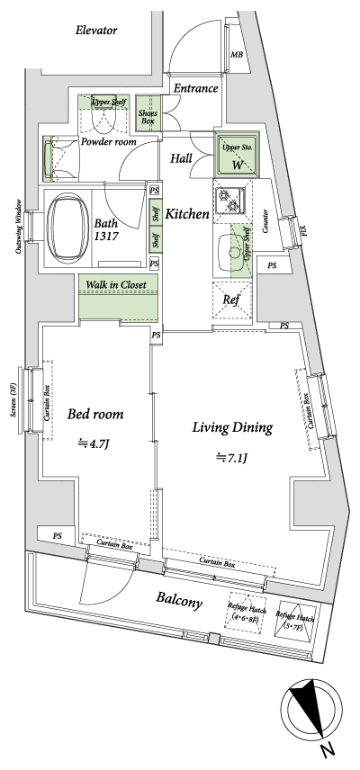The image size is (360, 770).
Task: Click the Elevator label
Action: [x=97, y=30]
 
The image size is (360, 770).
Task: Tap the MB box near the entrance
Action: [x=237, y=56]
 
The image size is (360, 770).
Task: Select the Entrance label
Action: [x=195, y=88]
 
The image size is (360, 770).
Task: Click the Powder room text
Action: [x=107, y=142]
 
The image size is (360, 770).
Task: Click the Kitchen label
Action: [x=187, y=214]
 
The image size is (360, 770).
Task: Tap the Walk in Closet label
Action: [x=117, y=285]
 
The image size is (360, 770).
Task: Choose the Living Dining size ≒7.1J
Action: [x=231, y=458]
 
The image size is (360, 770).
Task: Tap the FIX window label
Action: [x=303, y=231]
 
